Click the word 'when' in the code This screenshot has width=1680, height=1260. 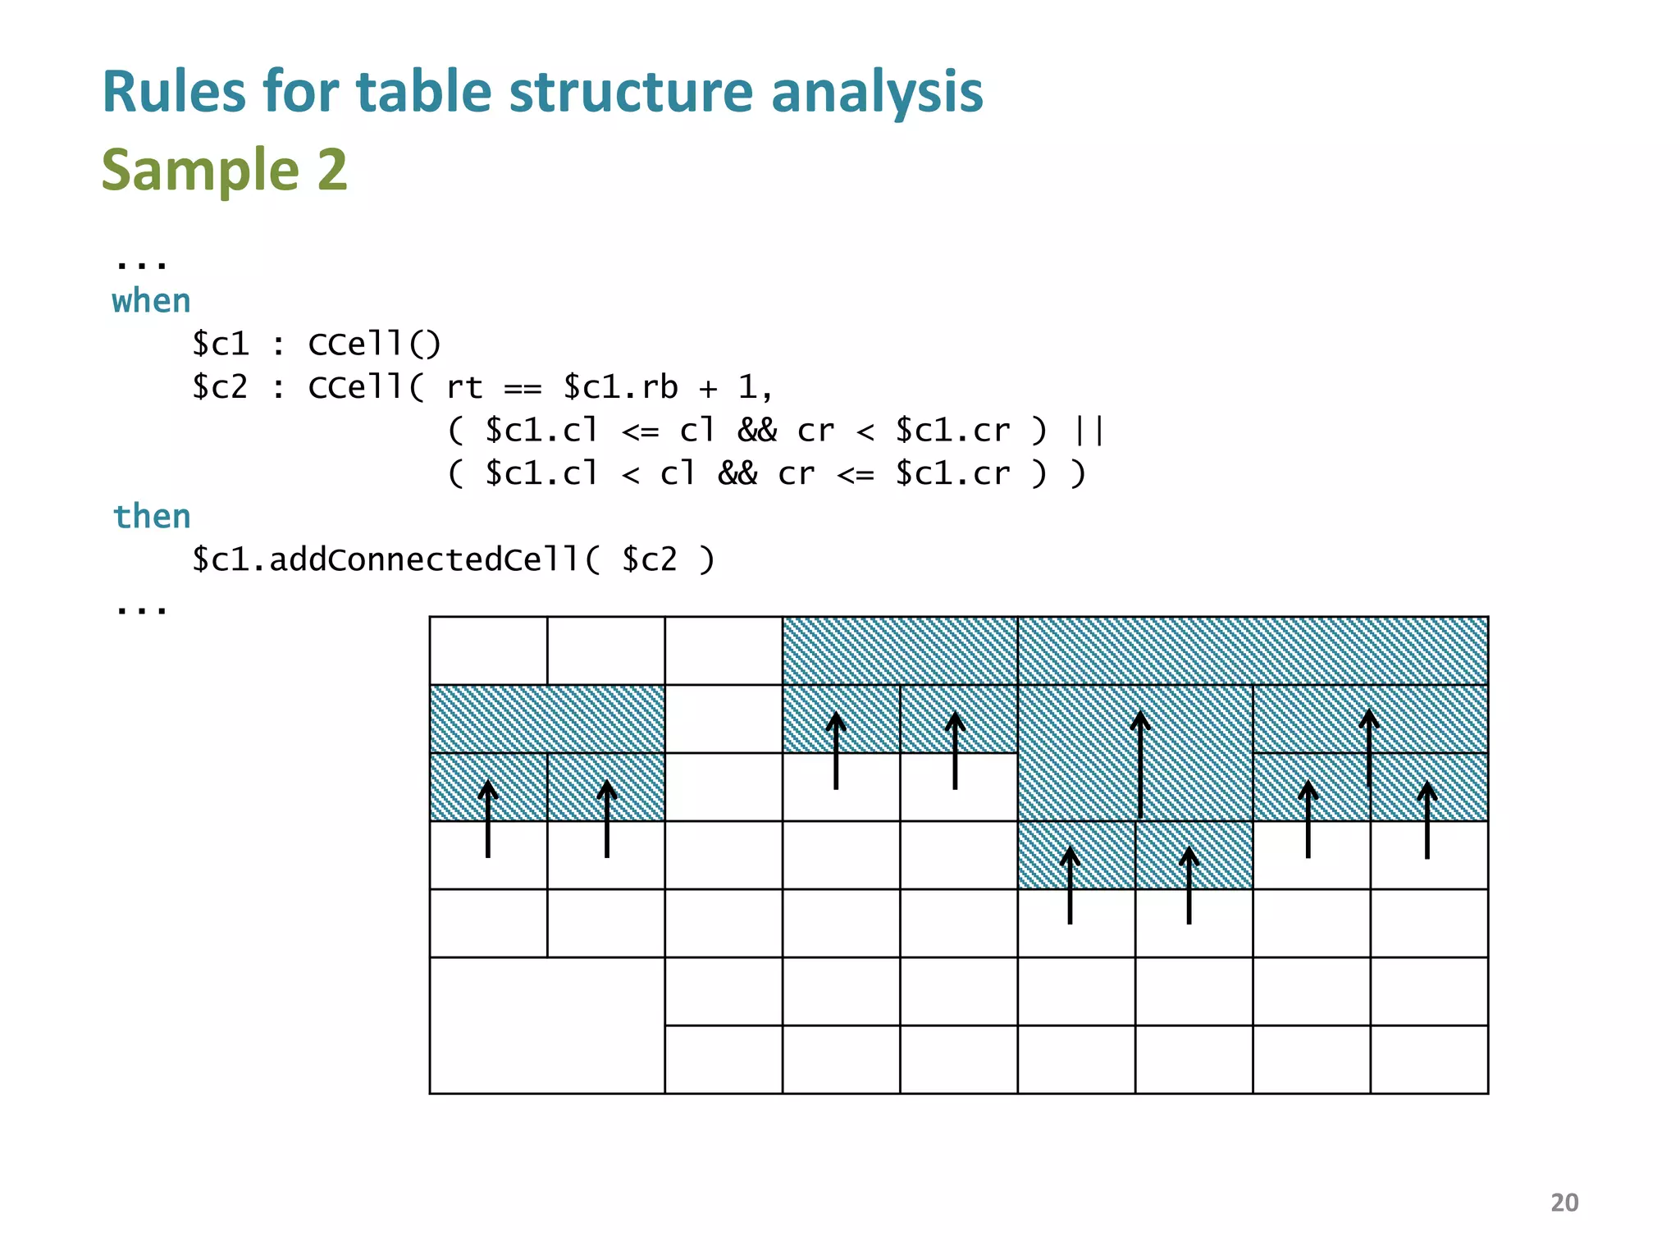(151, 302)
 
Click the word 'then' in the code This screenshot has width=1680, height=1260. (152, 517)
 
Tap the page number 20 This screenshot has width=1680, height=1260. (1564, 1203)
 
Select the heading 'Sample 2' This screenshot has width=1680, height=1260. (224, 170)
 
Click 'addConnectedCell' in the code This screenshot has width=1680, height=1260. (423, 560)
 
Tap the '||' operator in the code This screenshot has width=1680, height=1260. (1089, 431)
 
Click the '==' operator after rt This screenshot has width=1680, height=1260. (523, 388)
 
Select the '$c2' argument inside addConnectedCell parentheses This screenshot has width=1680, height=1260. (649, 560)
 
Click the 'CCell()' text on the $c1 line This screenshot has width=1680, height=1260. (374, 345)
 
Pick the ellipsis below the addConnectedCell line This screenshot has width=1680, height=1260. (141, 609)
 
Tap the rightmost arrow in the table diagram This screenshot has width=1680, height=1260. (1427, 820)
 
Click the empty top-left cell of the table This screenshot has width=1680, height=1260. (488, 651)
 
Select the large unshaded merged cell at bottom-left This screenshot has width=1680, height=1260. (546, 1025)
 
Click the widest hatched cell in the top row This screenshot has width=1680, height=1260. (1253, 651)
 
